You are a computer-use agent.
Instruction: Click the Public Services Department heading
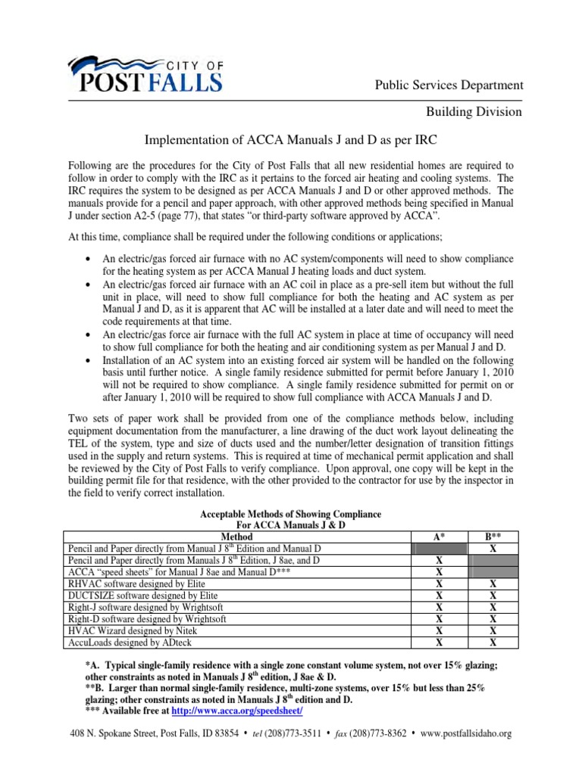449,85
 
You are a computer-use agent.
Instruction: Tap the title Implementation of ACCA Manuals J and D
291,142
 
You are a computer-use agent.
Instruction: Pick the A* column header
440,536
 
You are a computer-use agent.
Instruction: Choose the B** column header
493,536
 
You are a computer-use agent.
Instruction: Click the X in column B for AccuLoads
493,643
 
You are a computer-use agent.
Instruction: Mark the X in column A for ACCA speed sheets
440,572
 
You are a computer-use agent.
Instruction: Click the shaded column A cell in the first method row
440,548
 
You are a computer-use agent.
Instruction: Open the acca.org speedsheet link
238,712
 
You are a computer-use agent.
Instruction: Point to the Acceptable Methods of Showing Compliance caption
291,514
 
